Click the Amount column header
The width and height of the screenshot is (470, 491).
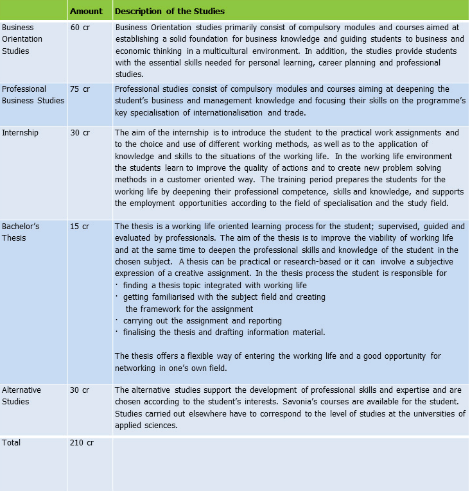click(86, 12)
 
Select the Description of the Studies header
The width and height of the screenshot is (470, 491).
click(170, 12)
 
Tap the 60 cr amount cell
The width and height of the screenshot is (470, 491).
click(80, 28)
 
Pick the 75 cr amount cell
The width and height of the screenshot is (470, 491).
click(80, 89)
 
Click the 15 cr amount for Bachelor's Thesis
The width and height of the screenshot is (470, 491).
click(80, 227)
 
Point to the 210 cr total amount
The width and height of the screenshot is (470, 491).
click(82, 443)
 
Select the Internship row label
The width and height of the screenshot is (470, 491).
click(20, 133)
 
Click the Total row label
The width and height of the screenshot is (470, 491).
click(12, 443)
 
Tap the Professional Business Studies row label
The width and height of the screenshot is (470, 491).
click(33, 94)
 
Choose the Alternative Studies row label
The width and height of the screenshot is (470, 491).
click(21, 395)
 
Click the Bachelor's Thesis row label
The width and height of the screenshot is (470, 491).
click(21, 232)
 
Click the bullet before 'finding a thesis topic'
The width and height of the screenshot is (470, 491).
click(117, 285)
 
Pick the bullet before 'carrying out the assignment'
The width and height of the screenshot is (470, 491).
click(117, 320)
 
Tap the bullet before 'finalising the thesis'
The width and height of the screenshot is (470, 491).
click(117, 332)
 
